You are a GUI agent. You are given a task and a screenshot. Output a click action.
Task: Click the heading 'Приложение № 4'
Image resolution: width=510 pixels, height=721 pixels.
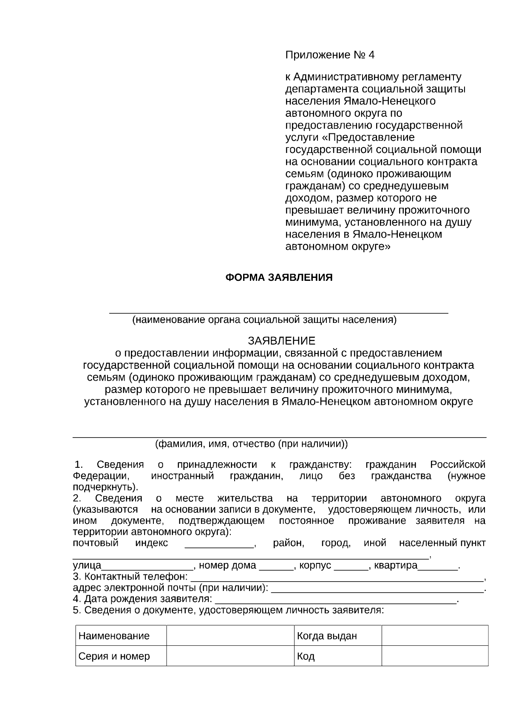click(x=329, y=55)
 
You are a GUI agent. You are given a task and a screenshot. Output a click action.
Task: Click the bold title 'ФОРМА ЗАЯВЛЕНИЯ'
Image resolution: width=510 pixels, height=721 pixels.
click(x=278, y=278)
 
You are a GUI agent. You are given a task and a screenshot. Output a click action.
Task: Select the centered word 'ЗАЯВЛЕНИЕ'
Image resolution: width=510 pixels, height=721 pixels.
click(x=281, y=341)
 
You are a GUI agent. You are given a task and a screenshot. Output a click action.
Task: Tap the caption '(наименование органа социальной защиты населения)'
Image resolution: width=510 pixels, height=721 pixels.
click(x=264, y=320)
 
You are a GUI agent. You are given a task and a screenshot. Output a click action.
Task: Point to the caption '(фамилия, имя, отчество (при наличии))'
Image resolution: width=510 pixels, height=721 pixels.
click(x=251, y=444)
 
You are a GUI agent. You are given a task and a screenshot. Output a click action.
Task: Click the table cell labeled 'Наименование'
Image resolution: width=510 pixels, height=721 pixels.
click(x=114, y=636)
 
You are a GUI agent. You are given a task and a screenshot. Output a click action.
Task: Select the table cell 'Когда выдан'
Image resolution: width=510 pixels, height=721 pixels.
click(x=327, y=636)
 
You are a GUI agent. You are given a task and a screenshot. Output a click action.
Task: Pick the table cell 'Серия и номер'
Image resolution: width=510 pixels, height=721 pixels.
click(x=114, y=656)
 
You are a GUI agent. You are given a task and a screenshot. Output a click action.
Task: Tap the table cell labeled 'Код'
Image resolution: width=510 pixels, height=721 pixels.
click(x=306, y=656)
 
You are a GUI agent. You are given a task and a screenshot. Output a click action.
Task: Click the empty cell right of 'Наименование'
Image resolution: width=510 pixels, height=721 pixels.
click(x=230, y=636)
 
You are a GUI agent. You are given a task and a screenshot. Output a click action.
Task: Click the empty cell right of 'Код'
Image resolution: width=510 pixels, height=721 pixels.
click(x=434, y=656)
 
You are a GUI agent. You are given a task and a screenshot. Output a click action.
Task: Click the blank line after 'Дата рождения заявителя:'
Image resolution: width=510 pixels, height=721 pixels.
click(x=336, y=600)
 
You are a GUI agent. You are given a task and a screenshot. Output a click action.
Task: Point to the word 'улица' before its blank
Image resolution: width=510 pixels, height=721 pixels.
click(x=87, y=566)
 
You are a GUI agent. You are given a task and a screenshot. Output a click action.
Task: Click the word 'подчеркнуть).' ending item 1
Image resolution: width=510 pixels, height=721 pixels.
click(x=105, y=487)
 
